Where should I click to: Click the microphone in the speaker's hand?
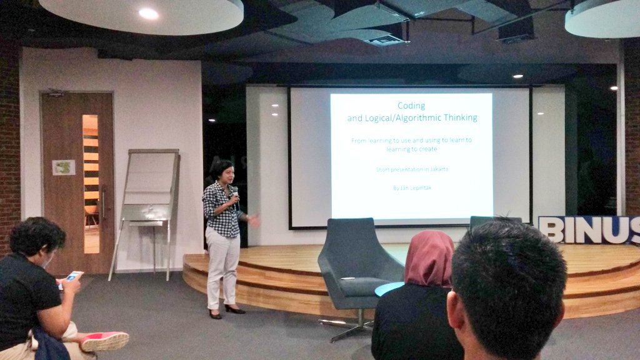(x=235, y=191)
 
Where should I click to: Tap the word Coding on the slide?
(x=411, y=106)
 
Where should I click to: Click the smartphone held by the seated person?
(x=72, y=276)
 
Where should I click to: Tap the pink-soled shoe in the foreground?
(x=104, y=341)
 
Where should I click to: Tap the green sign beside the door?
(x=63, y=167)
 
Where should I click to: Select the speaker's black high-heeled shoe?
(x=234, y=309)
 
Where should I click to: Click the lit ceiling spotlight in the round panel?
(x=149, y=13)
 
